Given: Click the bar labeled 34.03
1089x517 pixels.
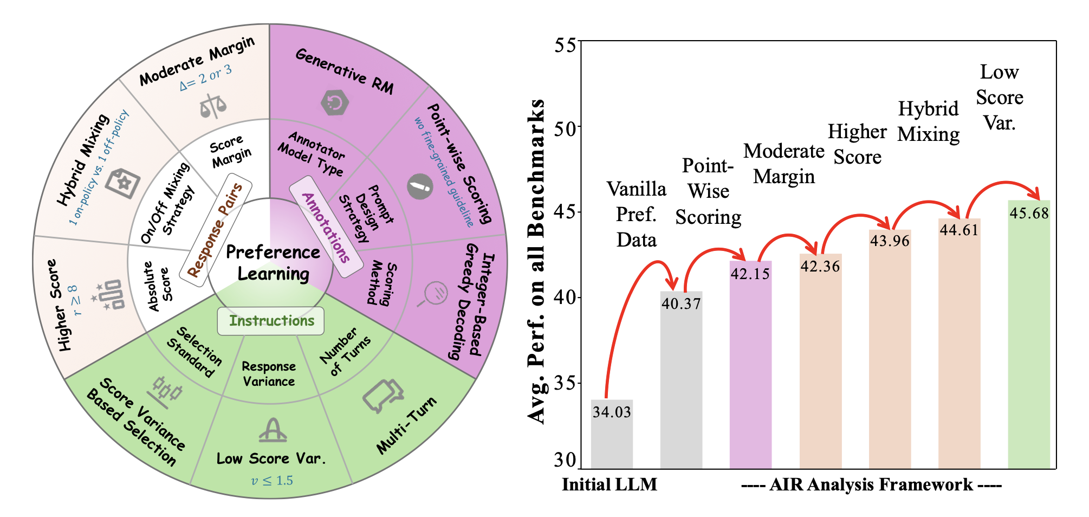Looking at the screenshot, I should pos(612,434).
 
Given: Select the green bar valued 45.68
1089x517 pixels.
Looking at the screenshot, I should pos(1028,336).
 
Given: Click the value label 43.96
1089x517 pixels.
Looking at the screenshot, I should pos(890,241).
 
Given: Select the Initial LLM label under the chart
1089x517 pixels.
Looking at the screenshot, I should pos(610,484).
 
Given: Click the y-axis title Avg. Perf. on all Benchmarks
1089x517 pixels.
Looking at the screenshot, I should pos(536,260).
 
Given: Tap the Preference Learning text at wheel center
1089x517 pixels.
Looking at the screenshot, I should pos(273,263).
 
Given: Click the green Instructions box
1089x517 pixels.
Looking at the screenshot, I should pos(271,321).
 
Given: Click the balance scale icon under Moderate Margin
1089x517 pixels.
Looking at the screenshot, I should pos(213,106).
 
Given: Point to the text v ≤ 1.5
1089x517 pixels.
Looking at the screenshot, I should pos(272,481).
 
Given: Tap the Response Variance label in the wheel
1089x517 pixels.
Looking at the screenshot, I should pos(269,374).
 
